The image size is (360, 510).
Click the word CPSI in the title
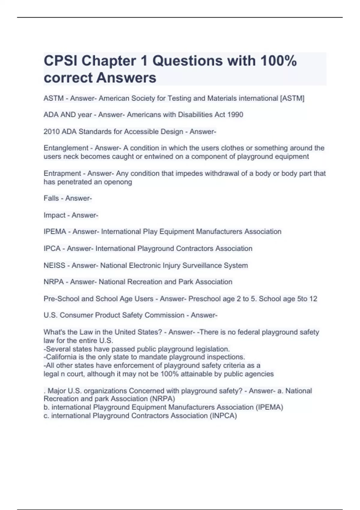coord(60,61)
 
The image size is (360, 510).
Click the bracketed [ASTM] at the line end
coord(292,98)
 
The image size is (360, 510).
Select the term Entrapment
coord(62,173)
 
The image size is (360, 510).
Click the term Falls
coord(51,198)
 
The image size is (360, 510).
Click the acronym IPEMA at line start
coord(55,232)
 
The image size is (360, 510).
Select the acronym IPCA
coord(52,249)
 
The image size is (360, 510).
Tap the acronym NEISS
coord(54,265)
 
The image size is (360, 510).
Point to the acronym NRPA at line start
coord(54,282)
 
